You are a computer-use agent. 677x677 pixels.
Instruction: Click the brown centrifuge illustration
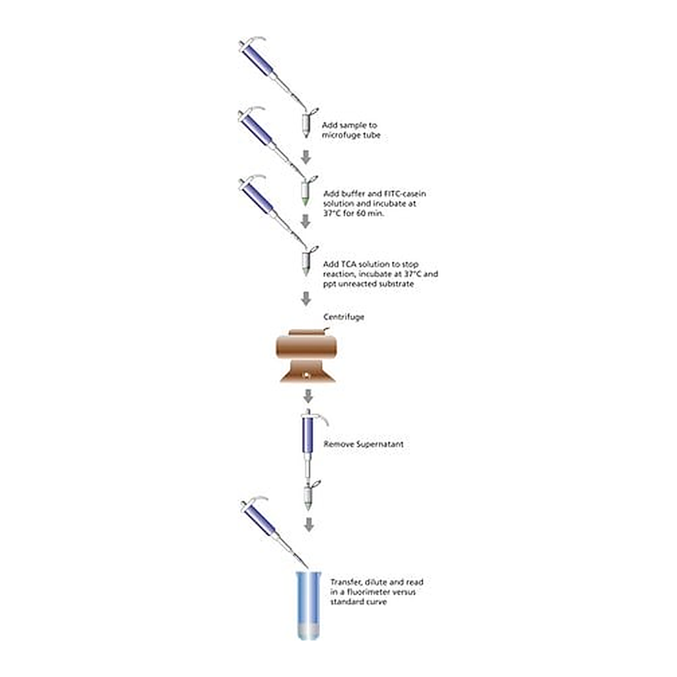[x=305, y=356]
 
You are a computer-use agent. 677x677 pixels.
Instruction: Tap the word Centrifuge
[x=344, y=317]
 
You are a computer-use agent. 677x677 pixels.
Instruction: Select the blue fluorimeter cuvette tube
[x=308, y=606]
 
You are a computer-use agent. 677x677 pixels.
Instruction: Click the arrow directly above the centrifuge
[x=305, y=298]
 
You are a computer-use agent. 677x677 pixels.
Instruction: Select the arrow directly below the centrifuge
[x=308, y=396]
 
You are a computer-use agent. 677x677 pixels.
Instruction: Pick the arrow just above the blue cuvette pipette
[x=309, y=524]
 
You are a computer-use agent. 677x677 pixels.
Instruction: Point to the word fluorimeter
[x=370, y=592]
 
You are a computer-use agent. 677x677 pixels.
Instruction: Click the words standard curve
[x=358, y=602]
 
